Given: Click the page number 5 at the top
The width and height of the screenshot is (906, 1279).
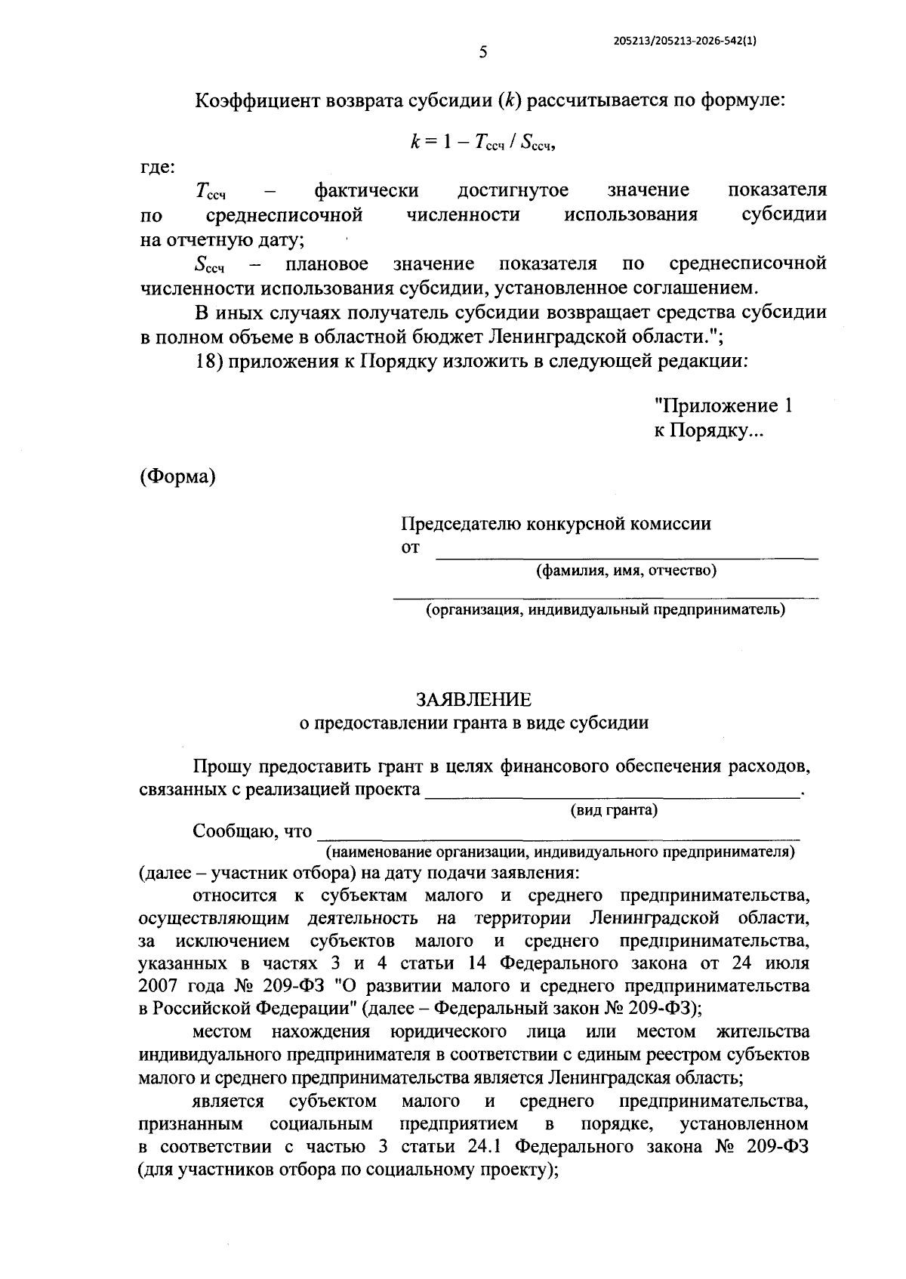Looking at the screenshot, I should pos(484,51).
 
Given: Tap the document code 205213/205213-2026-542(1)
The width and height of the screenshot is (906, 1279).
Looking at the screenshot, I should pos(684,42).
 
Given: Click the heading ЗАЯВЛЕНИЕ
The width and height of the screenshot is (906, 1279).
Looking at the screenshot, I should pos(474,699).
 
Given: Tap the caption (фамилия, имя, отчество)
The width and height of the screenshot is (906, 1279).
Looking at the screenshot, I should pos(626,571).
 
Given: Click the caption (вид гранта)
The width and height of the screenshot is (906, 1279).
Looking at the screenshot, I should pos(613,810).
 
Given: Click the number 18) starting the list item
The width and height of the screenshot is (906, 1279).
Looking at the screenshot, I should pos(207,361).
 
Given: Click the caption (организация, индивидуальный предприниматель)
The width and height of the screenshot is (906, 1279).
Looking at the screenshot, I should pos(605,609).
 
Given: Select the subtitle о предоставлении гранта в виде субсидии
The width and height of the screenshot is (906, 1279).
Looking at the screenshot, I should pos(474,723).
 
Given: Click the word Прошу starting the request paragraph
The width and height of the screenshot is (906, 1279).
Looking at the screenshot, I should pos(222,766).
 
